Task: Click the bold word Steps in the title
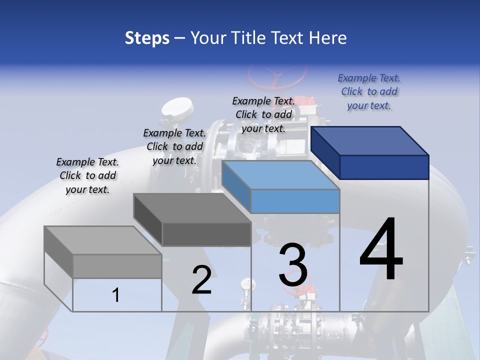coord(147,38)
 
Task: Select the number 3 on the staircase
coord(293,265)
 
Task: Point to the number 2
coord(201,280)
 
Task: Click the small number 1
coord(116,295)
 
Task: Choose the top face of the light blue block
coord(280,175)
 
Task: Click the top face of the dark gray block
coord(192,208)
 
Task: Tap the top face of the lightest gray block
coord(102,240)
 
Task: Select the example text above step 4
coord(369,92)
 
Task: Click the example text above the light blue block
coord(263,114)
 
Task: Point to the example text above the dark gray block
coord(174,146)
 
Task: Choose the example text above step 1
coord(87,175)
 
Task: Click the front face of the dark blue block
coord(384,167)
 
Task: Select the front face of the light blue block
coord(295,201)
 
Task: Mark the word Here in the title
coord(328,38)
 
